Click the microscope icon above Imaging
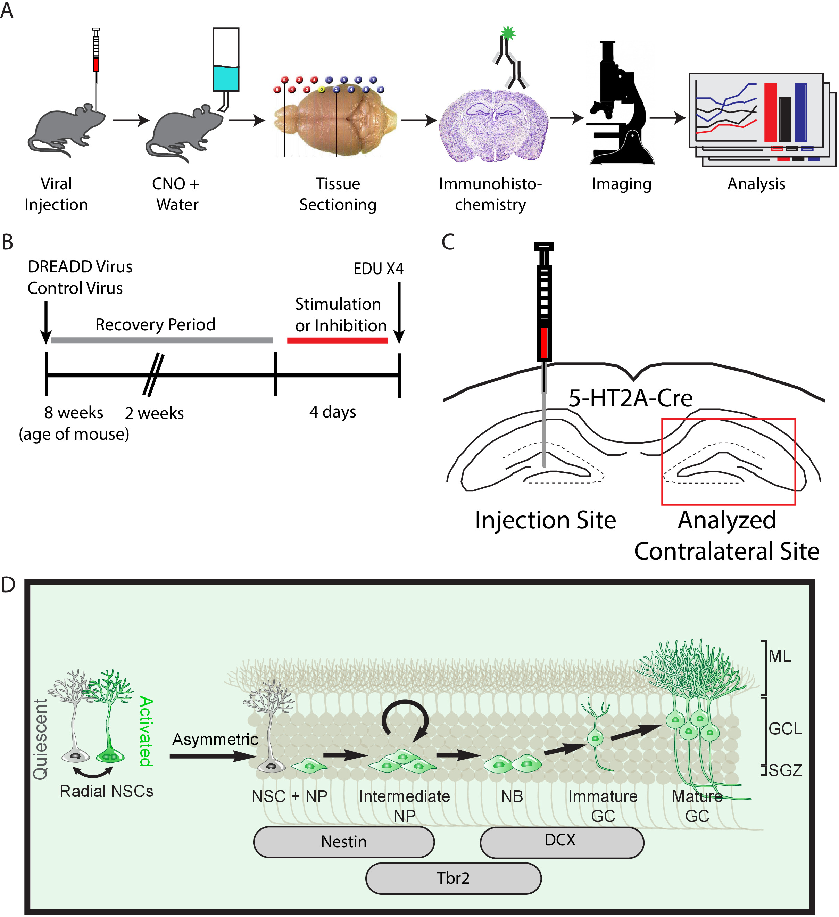pyautogui.click(x=621, y=105)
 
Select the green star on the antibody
pyautogui.click(x=507, y=33)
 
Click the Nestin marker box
pyautogui.click(x=344, y=842)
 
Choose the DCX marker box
pyautogui.click(x=562, y=842)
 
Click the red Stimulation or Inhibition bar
pyautogui.click(x=338, y=340)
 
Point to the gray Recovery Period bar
pyautogui.click(x=162, y=340)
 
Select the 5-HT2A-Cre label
pyautogui.click(x=630, y=398)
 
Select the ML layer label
pyautogui.click(x=779, y=656)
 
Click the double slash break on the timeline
pyautogui.click(x=153, y=375)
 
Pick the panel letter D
pyautogui.click(x=8, y=585)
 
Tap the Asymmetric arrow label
pyautogui.click(x=215, y=740)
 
